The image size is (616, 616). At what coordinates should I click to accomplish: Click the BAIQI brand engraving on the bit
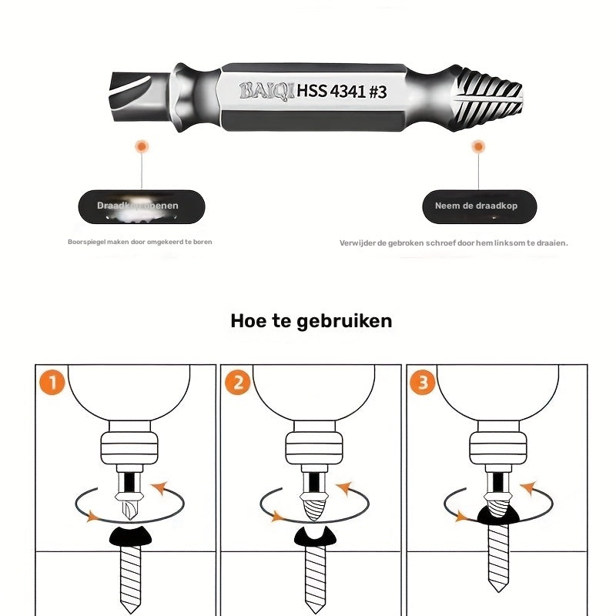(266, 91)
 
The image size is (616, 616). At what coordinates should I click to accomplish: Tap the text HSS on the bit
(312, 91)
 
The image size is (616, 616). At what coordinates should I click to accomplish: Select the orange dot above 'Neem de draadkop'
(478, 146)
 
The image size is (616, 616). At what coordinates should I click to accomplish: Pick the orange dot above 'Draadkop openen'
(141, 146)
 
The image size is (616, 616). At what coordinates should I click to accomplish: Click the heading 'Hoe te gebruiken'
(311, 321)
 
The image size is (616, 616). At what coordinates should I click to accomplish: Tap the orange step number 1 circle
(52, 383)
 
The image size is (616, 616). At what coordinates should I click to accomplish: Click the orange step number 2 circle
(237, 383)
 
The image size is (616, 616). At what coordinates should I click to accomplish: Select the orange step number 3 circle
(422, 383)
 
